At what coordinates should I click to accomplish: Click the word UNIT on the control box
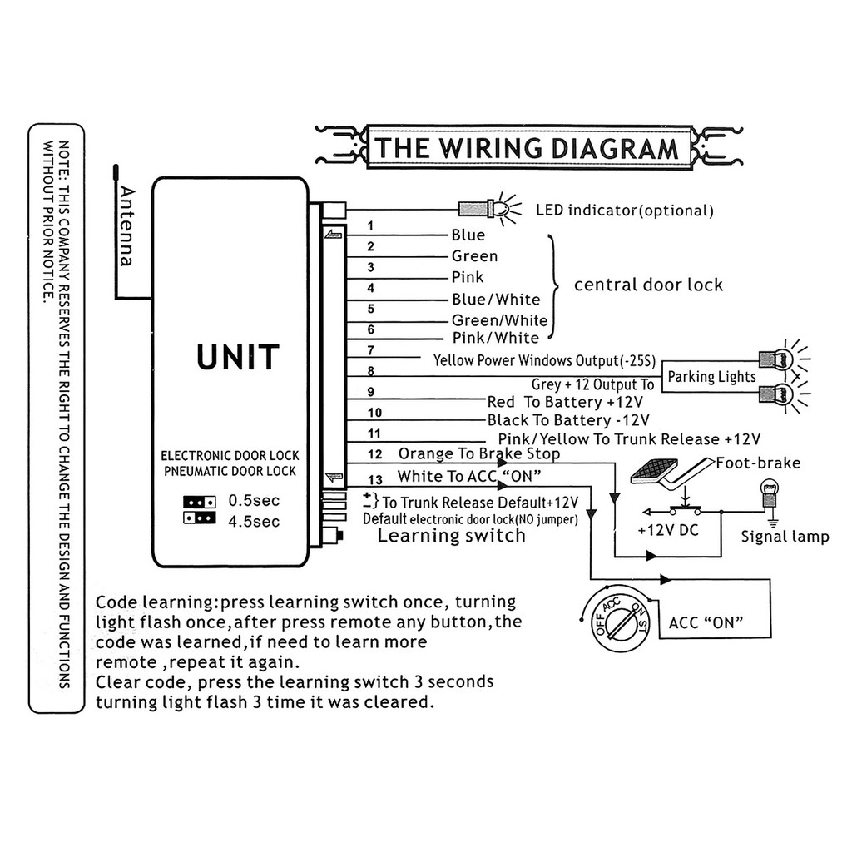tap(238, 357)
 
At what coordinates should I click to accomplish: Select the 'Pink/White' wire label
tap(495, 338)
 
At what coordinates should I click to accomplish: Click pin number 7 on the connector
tap(370, 350)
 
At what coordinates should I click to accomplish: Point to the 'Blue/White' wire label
tap(496, 299)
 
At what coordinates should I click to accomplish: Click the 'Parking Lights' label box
tap(711, 377)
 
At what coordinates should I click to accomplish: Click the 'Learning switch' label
tap(452, 535)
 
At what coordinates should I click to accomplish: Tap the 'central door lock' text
tap(648, 285)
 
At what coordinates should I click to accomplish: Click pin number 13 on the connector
tap(375, 479)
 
